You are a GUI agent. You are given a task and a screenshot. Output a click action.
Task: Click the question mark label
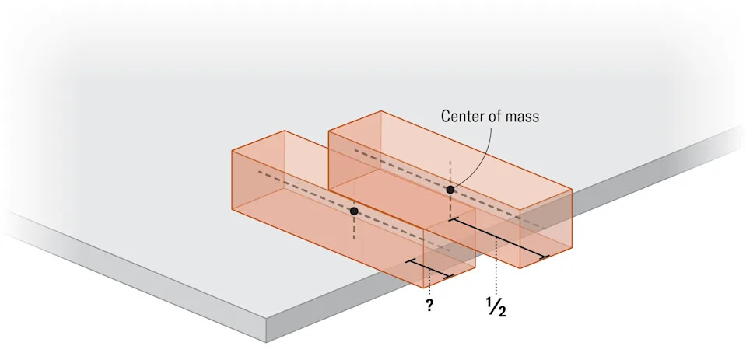429,305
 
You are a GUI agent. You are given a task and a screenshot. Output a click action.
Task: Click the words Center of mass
490,116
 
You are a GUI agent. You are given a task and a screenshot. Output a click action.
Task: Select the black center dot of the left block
353,211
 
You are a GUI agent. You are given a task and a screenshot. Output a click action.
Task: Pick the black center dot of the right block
450,190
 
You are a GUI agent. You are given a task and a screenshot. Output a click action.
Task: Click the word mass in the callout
523,117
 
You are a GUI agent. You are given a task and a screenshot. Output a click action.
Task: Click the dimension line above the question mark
429,269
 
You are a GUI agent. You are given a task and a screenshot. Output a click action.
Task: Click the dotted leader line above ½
496,267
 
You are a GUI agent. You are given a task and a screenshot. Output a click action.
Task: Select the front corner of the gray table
266,342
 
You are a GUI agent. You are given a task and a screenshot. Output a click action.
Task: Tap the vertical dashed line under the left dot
353,227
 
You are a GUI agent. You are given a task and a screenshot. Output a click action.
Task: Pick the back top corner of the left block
285,131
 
